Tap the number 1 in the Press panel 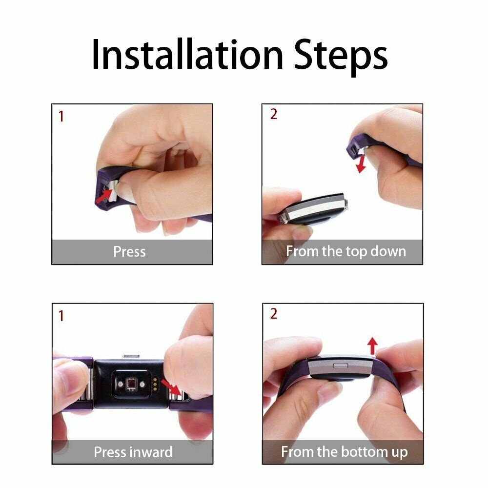coord(61,117)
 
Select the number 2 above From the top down coord(273,114)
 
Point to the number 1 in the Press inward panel coord(61,316)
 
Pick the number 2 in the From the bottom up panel coord(273,314)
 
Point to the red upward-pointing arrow coord(372,346)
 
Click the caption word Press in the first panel coord(129,252)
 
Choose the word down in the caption coord(387,252)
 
